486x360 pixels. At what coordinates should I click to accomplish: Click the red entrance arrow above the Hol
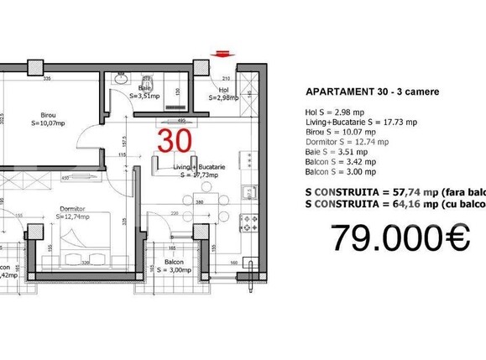pos(222,54)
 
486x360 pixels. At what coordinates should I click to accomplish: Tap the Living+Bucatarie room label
pos(196,170)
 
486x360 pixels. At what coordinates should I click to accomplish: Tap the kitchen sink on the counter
pos(248,193)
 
